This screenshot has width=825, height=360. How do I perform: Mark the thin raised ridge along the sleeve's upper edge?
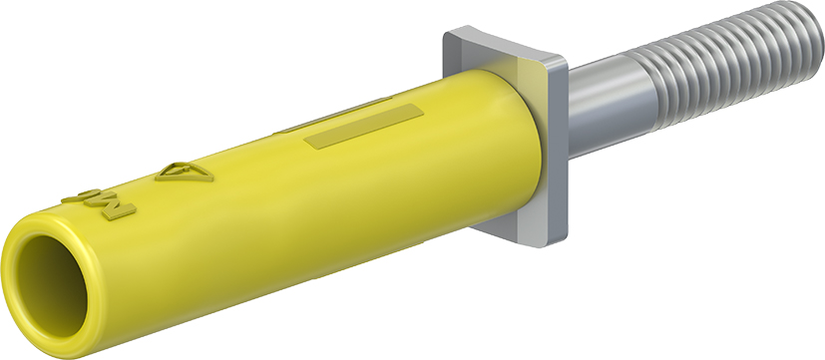pos(329,115)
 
